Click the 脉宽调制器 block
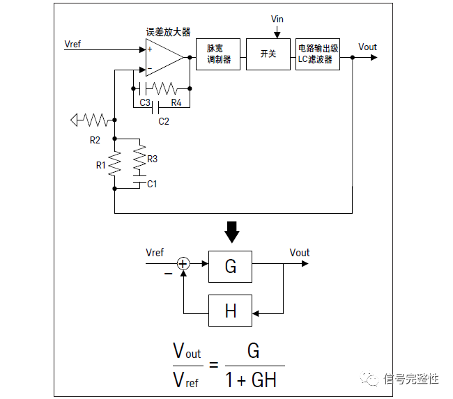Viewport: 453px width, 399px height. (222, 54)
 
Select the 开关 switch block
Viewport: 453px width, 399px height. (268, 54)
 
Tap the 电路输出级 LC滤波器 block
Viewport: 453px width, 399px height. (317, 54)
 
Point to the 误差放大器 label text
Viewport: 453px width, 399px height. (168, 32)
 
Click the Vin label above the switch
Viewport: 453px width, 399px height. (277, 18)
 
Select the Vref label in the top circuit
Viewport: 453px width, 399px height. (72, 44)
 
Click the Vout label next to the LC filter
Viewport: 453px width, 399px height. (367, 47)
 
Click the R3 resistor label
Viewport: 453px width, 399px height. (152, 159)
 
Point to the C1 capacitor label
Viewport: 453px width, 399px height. (152, 184)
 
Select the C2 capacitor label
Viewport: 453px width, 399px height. (163, 121)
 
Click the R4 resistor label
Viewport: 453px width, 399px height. (176, 103)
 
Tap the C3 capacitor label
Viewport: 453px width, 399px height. (145, 103)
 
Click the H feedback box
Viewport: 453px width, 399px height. (231, 310)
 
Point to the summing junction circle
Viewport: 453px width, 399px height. (183, 263)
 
